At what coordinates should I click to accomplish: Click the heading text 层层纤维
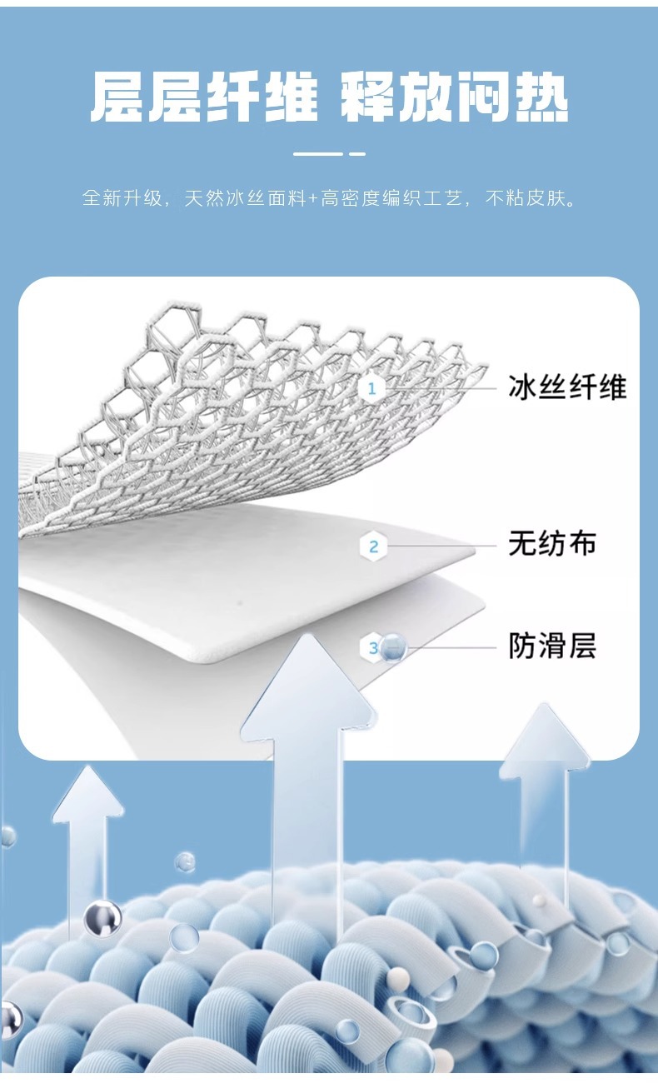click(x=204, y=98)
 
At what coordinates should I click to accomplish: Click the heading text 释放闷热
click(x=455, y=98)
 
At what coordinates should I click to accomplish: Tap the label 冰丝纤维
click(x=567, y=387)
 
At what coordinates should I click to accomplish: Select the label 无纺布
click(x=552, y=544)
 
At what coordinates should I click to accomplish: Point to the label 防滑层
click(x=552, y=646)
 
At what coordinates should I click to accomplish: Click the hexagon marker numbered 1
click(x=372, y=388)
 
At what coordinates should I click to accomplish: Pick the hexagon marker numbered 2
click(x=373, y=546)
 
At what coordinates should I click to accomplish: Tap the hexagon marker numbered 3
click(x=371, y=647)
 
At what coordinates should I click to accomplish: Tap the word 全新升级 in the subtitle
click(x=117, y=200)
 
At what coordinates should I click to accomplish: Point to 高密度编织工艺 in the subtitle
click(x=391, y=200)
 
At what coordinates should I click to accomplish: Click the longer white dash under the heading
click(x=318, y=154)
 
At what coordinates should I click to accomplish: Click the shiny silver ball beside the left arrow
click(x=102, y=917)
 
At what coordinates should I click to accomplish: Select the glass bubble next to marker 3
click(x=393, y=647)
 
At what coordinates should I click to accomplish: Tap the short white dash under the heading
click(x=357, y=154)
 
